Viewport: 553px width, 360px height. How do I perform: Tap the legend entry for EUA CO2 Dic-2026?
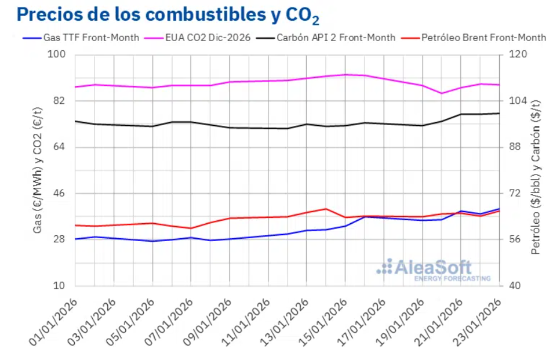point(205,38)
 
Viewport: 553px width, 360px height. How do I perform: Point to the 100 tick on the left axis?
point(60,54)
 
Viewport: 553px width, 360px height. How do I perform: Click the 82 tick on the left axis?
point(63,101)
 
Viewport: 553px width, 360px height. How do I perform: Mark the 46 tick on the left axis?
point(63,193)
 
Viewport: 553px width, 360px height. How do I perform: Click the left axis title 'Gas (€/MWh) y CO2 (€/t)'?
point(38,170)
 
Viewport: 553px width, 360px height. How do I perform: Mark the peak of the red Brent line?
point(326,209)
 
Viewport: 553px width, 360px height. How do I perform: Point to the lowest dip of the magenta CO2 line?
point(442,93)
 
